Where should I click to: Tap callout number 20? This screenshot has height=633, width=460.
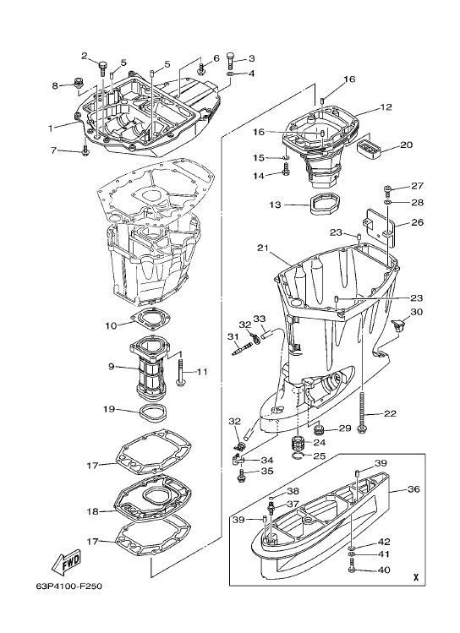point(406,145)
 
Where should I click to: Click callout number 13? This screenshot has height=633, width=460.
point(275,205)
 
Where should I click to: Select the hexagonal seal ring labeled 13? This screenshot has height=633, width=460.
point(326,204)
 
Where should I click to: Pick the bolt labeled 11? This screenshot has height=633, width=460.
point(180,370)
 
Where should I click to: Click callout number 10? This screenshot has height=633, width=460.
point(111,325)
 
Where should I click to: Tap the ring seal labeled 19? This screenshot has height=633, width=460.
point(153,412)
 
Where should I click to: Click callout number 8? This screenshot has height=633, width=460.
point(54,85)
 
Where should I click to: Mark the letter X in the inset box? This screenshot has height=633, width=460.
point(415,577)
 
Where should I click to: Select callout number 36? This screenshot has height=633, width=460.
point(413,489)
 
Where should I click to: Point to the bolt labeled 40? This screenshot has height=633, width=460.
point(352,570)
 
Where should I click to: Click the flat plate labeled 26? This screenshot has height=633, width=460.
point(381,226)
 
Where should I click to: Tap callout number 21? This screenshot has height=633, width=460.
point(262,248)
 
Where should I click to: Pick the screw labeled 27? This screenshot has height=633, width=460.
point(387,190)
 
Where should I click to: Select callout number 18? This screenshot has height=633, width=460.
point(92,511)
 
